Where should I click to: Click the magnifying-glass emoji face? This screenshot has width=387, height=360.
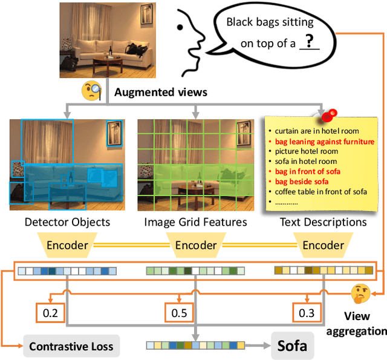(x=91, y=91)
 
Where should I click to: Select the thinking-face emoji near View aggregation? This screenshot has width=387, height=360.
(x=361, y=295)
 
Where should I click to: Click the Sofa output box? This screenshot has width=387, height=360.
(x=292, y=347)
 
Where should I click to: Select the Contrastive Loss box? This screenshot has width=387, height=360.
(x=71, y=347)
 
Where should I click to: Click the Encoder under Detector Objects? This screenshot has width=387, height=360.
(x=68, y=246)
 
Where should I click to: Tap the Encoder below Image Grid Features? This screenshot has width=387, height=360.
(x=195, y=246)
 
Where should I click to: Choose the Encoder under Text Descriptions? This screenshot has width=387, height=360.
(x=323, y=246)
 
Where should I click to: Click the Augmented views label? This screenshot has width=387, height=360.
(x=161, y=93)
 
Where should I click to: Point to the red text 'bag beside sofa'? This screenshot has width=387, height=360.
(x=302, y=182)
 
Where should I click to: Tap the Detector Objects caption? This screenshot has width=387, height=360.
(x=68, y=222)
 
